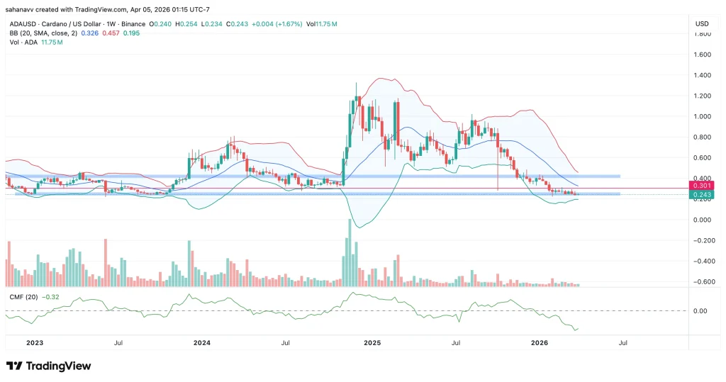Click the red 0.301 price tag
click(x=700, y=186)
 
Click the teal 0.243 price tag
click(x=700, y=194)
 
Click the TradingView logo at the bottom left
click(x=48, y=366)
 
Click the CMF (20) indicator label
click(x=23, y=296)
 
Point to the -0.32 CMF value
click(x=52, y=296)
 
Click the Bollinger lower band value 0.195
click(x=132, y=33)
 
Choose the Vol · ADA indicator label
click(x=23, y=43)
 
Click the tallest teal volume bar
click(x=349, y=252)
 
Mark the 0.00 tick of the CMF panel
click(x=700, y=311)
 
